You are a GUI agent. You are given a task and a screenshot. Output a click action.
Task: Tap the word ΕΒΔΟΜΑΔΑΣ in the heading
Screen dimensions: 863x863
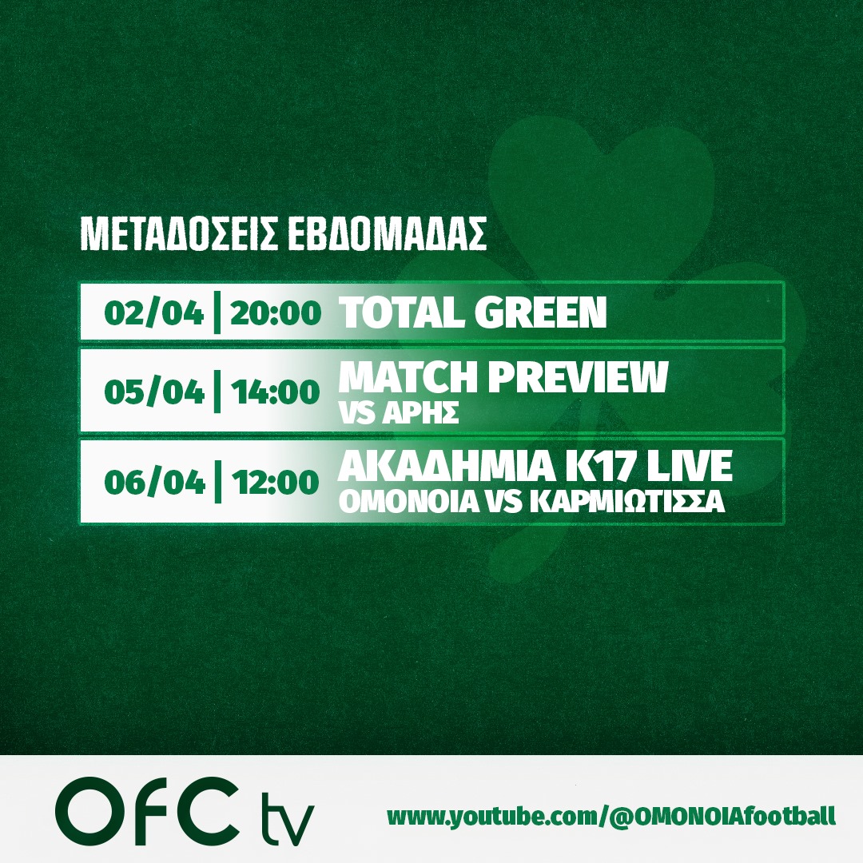point(388,234)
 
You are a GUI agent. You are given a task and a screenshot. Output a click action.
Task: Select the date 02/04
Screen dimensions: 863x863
point(153,312)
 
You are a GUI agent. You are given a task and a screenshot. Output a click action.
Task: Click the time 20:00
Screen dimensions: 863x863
point(275,312)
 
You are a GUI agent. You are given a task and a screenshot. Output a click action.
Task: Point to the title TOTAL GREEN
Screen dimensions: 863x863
point(473,312)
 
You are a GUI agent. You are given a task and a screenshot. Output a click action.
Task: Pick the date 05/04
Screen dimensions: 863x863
point(154,392)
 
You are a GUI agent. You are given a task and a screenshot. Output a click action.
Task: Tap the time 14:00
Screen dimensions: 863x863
point(275,392)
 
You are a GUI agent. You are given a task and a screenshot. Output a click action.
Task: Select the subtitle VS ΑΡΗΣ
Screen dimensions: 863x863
point(399,412)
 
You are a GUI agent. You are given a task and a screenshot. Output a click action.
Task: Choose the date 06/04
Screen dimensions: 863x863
point(154,482)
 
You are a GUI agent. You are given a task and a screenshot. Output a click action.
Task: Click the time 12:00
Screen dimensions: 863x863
point(275,482)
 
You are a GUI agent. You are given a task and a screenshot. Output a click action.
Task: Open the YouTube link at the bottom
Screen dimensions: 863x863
point(611,816)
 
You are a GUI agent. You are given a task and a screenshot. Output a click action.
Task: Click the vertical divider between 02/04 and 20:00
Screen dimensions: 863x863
point(217,312)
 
